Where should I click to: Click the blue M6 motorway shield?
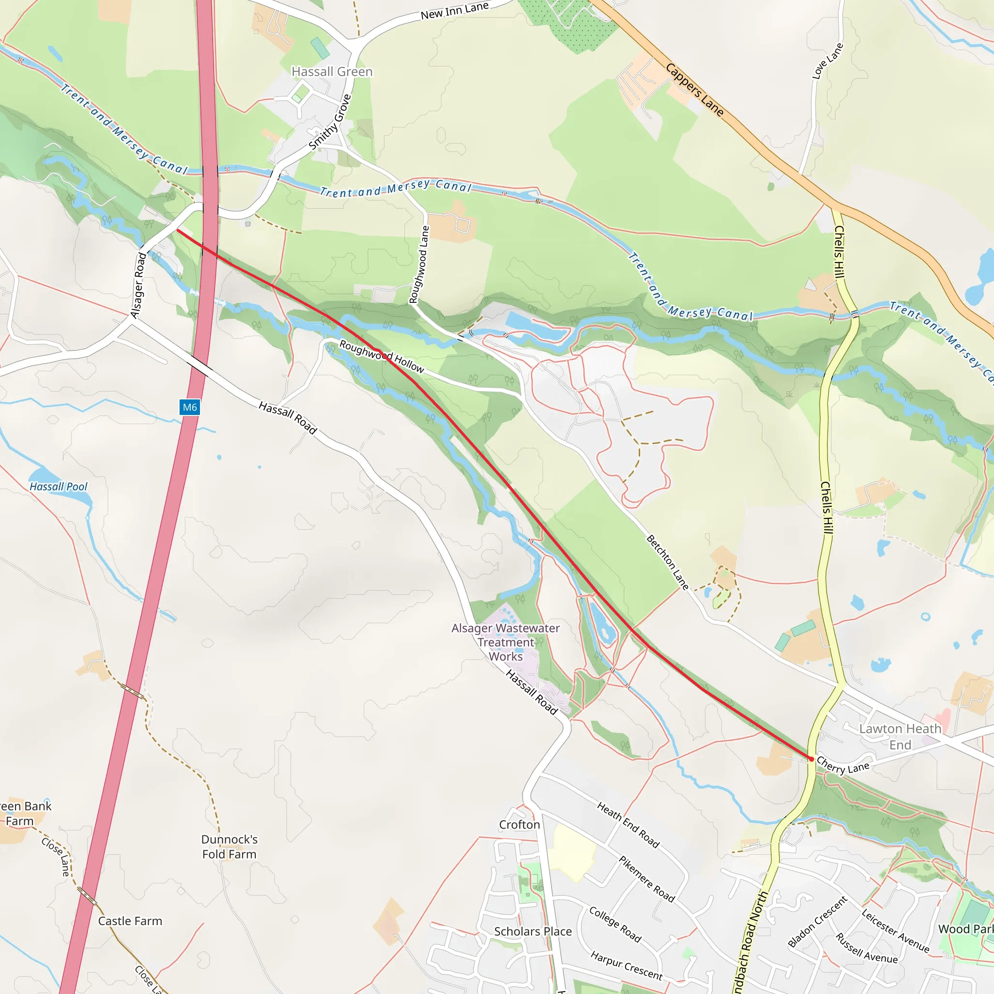tap(190, 408)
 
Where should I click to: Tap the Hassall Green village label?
tap(332, 71)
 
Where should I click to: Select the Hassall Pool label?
tap(58, 487)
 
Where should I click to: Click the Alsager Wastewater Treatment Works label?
tap(505, 642)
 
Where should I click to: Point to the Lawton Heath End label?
tap(900, 736)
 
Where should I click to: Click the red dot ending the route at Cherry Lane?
tap(812, 759)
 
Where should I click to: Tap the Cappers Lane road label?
tap(694, 89)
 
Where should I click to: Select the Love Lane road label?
tap(828, 61)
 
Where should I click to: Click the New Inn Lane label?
tap(454, 11)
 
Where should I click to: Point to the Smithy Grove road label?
tap(329, 122)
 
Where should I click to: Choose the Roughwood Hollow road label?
tap(381, 357)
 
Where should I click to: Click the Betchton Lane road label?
tap(667, 562)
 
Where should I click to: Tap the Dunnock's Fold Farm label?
tap(229, 846)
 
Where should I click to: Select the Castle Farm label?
tap(130, 921)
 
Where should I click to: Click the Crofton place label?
tap(519, 825)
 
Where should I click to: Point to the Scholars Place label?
tap(532, 931)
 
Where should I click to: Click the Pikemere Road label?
tap(646, 879)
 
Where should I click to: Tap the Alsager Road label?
tap(138, 285)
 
